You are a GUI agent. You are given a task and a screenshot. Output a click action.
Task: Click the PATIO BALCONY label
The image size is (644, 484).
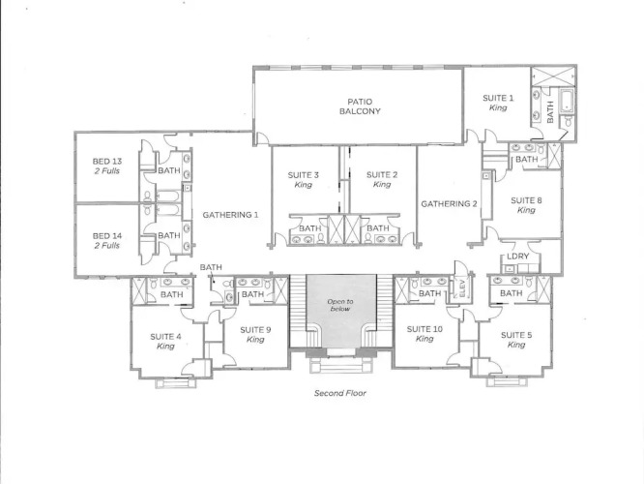pos(360,106)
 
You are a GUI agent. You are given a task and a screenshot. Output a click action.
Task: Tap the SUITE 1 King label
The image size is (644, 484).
pos(498,103)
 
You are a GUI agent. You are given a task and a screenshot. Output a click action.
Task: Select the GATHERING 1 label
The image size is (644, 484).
pos(230,215)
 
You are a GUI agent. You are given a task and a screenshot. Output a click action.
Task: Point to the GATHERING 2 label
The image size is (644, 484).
pos(449,203)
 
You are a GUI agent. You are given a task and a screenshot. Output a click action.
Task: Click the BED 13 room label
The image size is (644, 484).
pos(106,166)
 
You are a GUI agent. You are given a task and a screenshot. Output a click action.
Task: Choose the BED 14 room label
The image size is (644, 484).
pos(106,241)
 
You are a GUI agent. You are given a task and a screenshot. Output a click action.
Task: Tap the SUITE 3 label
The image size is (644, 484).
pos(303,180)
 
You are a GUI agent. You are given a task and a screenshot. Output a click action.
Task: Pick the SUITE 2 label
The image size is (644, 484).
pos(382,179)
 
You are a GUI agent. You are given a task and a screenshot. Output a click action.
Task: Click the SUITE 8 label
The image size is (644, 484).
pos(526,205)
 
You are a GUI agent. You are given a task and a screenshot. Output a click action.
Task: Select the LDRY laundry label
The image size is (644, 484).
pos(517,257)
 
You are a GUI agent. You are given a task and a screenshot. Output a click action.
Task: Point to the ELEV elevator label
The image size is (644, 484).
pos(461,288)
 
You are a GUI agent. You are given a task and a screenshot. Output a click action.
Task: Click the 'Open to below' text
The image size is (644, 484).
pos(340,305)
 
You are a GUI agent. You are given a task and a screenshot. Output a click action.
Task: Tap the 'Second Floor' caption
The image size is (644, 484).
pos(340,393)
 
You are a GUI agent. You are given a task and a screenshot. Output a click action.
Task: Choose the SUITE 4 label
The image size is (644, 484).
pos(165,342)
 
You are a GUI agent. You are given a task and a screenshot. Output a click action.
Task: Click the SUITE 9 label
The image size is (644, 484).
pos(255,334)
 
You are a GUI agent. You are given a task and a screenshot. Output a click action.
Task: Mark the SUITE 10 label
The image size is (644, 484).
pos(424,334)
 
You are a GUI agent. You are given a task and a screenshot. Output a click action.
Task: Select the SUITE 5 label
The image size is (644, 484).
pos(516,340)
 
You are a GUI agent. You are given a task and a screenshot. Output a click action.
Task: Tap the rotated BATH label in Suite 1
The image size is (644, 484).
pos(550,112)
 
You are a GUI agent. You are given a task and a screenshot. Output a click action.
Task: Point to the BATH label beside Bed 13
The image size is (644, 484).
pos(169,170)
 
